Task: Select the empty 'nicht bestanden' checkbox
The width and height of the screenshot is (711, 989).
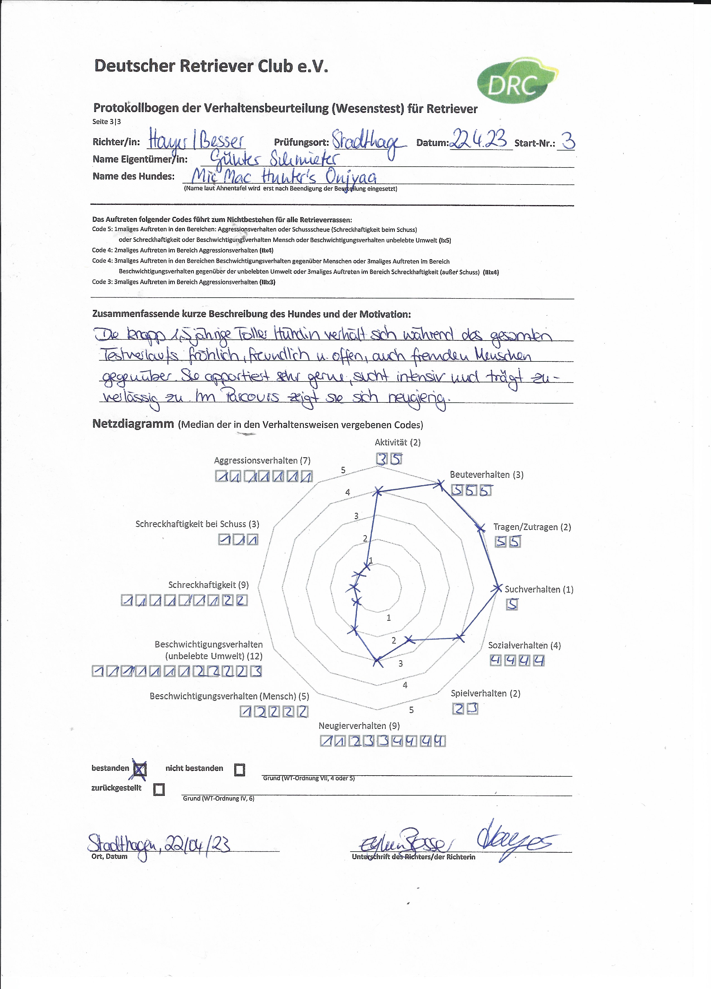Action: [x=239, y=770]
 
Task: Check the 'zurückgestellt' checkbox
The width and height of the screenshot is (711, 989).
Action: [x=159, y=790]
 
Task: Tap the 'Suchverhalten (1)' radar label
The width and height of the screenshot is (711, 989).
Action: [x=539, y=590]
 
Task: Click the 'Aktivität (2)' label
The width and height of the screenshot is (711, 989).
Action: [x=397, y=443]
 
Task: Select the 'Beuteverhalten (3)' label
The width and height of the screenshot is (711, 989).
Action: [x=486, y=475]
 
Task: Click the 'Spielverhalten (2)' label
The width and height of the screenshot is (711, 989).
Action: [x=485, y=693]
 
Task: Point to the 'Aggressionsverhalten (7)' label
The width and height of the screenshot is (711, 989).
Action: [x=262, y=460]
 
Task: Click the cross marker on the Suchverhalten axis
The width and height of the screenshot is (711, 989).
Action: [x=497, y=588]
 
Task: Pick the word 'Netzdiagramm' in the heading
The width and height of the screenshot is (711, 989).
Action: [x=133, y=424]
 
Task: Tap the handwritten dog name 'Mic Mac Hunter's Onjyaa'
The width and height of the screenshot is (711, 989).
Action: [x=284, y=177]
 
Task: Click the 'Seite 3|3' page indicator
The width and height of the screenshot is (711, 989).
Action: [x=107, y=122]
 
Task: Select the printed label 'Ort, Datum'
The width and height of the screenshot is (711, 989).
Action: [x=110, y=856]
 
